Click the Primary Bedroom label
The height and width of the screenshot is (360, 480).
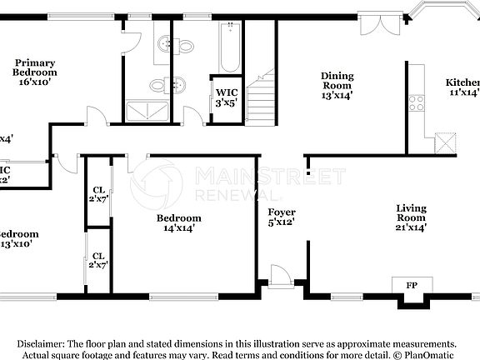(34, 67)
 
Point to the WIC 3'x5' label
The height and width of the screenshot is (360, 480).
(227, 97)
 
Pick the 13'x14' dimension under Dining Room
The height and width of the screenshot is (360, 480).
(337, 95)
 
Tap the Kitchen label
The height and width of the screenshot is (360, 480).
(462, 82)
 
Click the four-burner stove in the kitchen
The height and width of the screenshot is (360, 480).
(416, 103)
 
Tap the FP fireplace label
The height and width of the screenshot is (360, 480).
(411, 285)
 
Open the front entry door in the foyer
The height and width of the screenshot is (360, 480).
(282, 276)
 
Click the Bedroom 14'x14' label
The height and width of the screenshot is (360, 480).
(179, 225)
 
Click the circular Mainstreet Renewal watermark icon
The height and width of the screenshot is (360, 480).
(152, 182)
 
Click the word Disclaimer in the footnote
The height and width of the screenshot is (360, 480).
(39, 343)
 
